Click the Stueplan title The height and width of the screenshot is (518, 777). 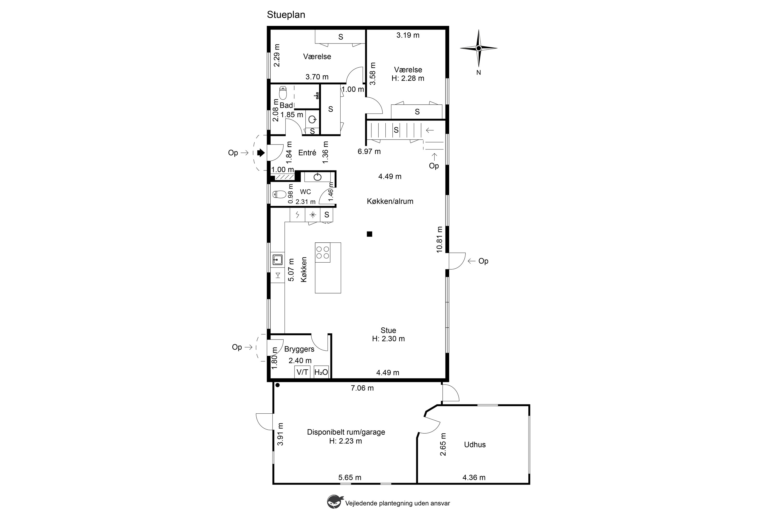286,15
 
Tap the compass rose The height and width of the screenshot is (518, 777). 478,48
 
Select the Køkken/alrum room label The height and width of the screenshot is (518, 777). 390,201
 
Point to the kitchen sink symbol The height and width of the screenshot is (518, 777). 277,260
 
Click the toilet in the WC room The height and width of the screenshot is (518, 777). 279,194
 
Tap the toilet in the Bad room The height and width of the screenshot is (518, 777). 283,93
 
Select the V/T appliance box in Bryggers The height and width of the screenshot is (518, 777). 302,372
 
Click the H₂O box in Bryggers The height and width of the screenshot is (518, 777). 321,372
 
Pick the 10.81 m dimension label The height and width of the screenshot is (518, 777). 439,240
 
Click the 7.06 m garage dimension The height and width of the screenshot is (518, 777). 362,388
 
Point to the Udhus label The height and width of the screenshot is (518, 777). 475,445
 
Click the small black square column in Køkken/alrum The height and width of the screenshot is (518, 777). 369,234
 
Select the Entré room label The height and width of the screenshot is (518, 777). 307,153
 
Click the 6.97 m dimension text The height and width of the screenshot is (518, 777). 369,151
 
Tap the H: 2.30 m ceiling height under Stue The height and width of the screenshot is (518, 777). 388,339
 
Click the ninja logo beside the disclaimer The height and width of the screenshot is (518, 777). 335,501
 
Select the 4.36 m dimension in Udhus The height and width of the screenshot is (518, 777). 474,477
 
